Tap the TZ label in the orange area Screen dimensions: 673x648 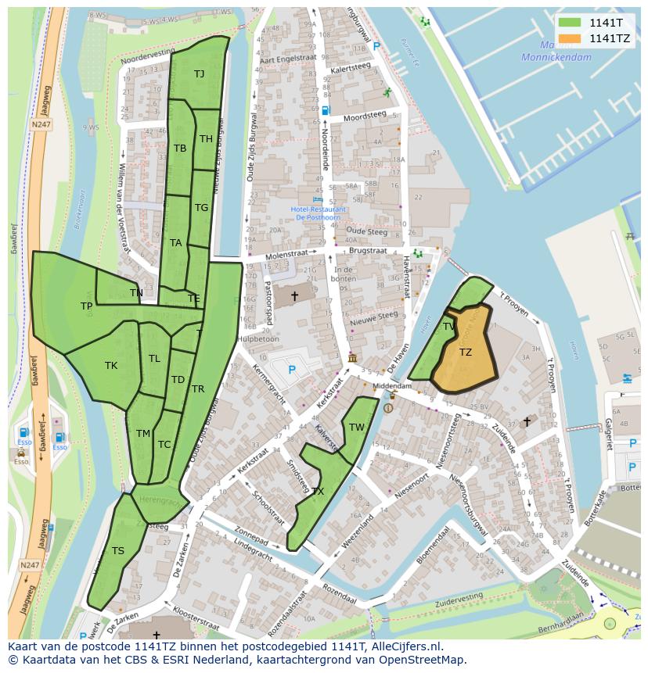coord(465,353)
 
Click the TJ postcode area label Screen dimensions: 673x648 coord(199,73)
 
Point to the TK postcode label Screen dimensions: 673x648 coord(111,365)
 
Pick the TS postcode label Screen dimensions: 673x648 coord(117,550)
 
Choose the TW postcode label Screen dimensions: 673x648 coord(357,427)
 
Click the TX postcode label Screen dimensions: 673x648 coord(317,491)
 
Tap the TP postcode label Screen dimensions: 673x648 coord(86,306)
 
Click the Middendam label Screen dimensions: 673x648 coord(392,386)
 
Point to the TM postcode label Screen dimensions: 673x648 coord(142,433)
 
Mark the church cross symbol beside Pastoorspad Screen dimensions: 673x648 coord(294,296)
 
